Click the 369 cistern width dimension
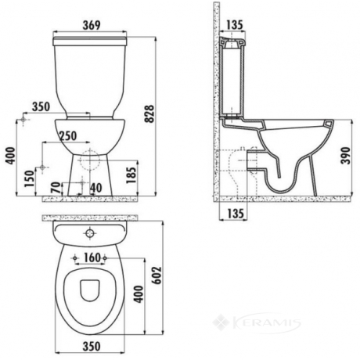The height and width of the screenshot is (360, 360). click(x=92, y=25)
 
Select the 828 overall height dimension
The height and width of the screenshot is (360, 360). click(x=149, y=113)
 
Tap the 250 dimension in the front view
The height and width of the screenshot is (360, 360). click(x=68, y=136)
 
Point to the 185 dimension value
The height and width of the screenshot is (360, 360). click(x=132, y=175)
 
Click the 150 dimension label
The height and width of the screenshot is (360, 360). click(x=29, y=178)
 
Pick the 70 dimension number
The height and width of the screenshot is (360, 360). click(x=55, y=188)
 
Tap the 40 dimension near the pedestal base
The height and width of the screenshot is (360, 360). click(x=96, y=188)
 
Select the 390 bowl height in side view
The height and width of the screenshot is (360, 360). click(x=346, y=156)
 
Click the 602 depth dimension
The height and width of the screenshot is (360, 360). click(x=157, y=275)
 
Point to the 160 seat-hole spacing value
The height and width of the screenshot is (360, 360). click(x=92, y=257)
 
